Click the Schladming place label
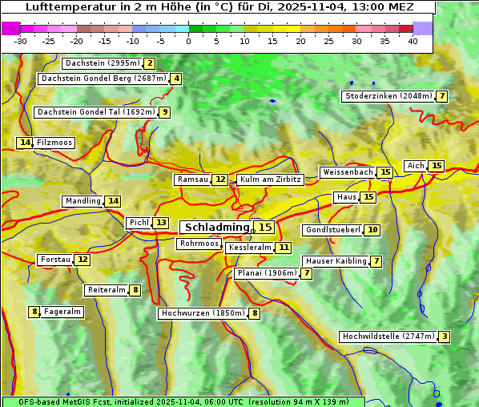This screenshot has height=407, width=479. [216, 228]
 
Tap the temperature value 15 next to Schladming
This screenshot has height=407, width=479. [265, 228]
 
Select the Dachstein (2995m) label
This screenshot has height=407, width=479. [102, 63]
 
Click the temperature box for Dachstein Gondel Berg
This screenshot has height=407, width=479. [176, 79]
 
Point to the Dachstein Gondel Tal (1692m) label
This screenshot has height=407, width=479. [95, 112]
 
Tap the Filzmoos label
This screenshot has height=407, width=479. [54, 143]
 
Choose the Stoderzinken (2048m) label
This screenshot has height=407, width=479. [388, 96]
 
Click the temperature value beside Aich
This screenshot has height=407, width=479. [436, 166]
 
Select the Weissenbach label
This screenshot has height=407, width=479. [347, 172]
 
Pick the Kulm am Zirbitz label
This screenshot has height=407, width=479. [270, 179]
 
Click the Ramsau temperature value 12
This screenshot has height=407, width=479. [220, 179]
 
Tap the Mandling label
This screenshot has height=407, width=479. [83, 201]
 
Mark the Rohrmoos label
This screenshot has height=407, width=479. [199, 244]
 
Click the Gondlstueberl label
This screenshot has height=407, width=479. [332, 230]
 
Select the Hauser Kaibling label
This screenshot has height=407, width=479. [336, 261]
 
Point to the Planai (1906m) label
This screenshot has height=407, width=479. [266, 273]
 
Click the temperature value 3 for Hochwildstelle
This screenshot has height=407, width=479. [445, 336]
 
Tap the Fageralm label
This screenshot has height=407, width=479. [62, 312]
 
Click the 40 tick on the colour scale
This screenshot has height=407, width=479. [413, 41]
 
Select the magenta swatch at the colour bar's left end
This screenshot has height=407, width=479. [10, 28]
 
